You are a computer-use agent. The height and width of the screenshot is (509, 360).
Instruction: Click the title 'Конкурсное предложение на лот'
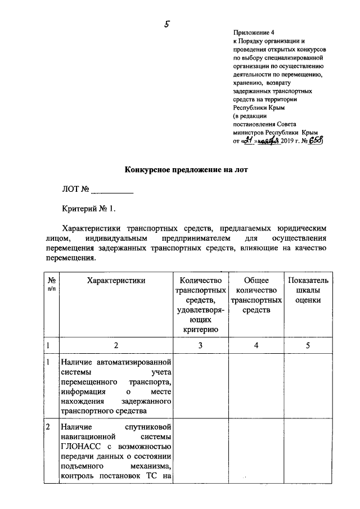(185, 169)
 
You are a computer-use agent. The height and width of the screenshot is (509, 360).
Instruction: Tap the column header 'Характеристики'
(116, 280)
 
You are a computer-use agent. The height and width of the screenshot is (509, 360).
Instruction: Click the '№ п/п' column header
(51, 284)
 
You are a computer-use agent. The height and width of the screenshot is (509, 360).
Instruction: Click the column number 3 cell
(200, 345)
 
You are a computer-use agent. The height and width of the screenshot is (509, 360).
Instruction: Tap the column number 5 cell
(308, 345)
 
